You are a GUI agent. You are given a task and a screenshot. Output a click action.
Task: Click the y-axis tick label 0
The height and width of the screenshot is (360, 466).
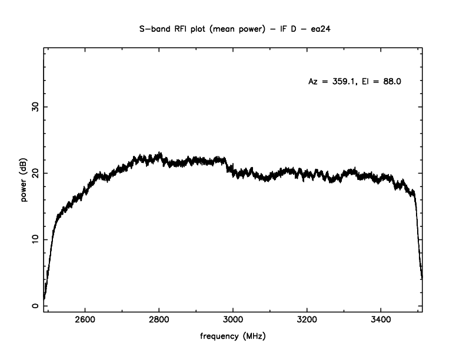(x=36, y=306)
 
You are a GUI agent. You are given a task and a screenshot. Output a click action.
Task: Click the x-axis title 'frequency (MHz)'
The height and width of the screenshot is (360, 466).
(x=233, y=337)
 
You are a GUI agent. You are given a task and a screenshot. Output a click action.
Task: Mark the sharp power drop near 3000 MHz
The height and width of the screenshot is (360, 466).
(x=229, y=165)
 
